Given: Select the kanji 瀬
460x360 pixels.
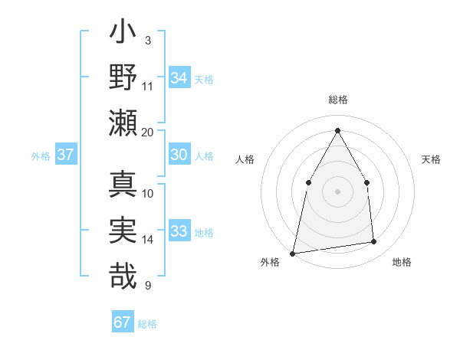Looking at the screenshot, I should [123, 123].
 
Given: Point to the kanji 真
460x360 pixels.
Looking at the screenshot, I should [123, 185].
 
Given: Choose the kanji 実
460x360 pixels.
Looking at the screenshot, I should [123, 231].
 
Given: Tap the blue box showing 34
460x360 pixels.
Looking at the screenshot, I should [179, 77].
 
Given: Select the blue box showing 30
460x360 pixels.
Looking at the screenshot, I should [179, 154].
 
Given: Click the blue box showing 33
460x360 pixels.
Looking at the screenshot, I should [179, 231].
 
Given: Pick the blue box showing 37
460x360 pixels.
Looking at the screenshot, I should [66, 155].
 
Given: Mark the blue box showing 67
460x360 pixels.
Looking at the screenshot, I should [123, 322].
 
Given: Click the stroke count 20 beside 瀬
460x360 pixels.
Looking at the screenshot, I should [148, 132].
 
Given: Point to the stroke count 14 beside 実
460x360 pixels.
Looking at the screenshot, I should [148, 240].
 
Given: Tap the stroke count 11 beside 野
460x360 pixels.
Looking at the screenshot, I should [148, 86].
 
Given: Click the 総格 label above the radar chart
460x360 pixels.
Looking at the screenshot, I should [338, 100].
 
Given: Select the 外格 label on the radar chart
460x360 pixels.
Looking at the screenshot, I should [270, 262].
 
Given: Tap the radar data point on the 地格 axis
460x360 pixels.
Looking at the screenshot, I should [374, 242].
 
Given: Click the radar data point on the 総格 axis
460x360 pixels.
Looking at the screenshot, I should [337, 130].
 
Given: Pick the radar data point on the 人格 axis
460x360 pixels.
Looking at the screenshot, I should [308, 182].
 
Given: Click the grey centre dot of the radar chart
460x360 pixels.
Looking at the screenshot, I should [337, 191].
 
